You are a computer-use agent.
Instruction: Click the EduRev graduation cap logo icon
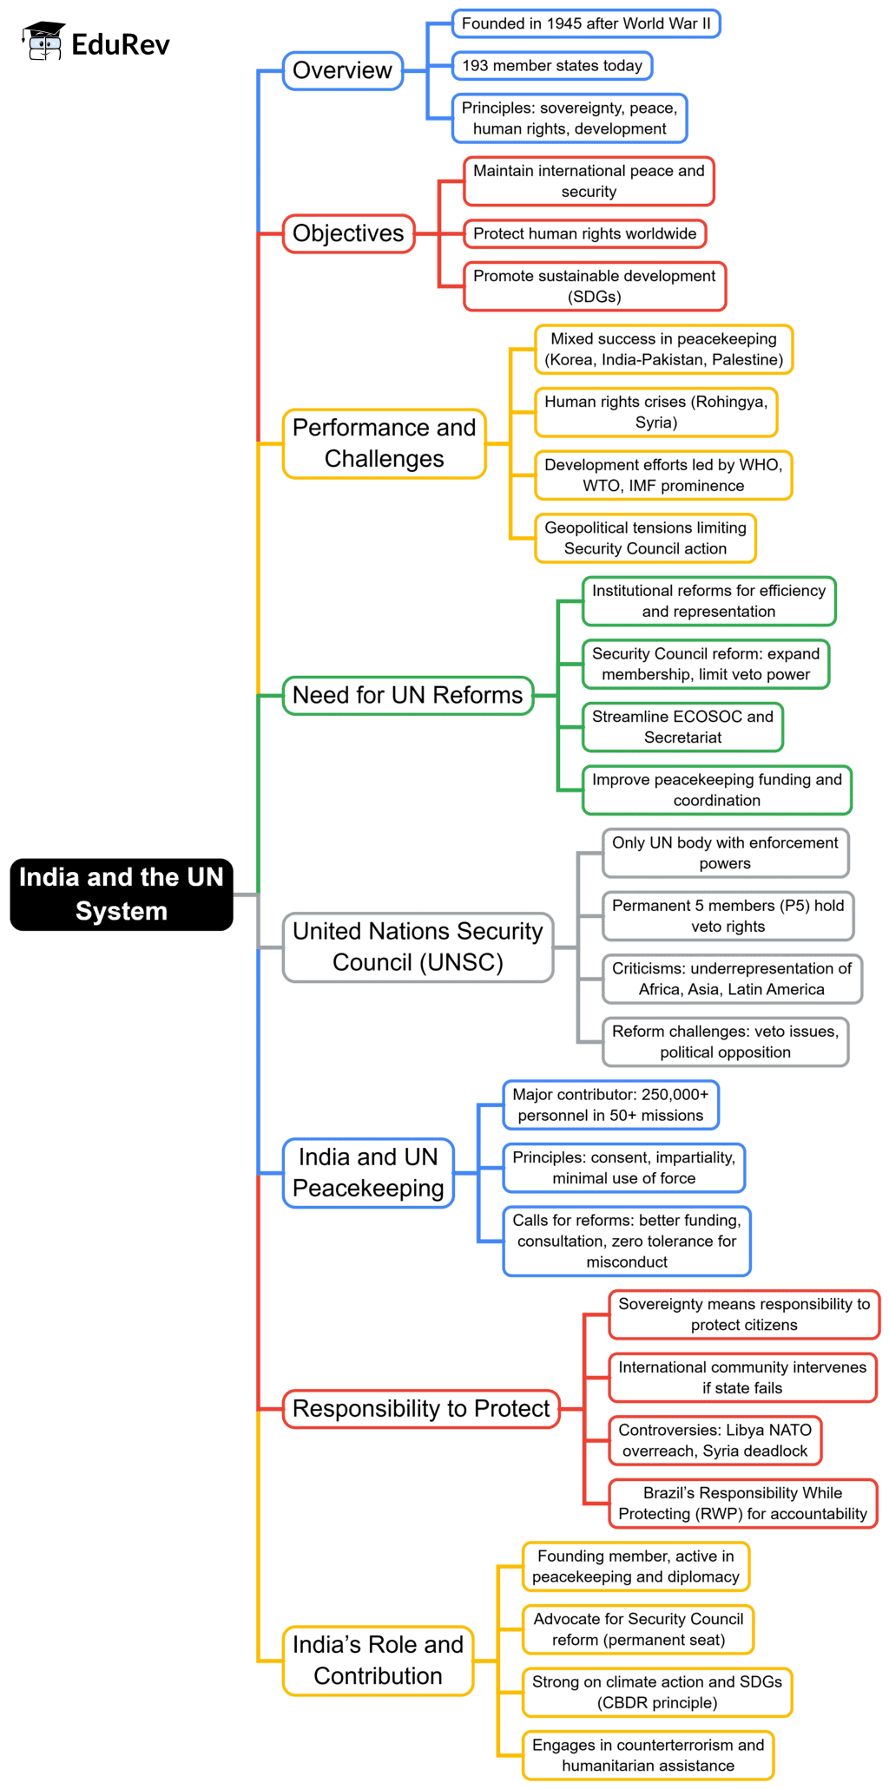point(43,42)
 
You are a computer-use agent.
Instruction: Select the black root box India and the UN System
point(122,894)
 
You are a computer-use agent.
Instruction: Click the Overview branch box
point(343,70)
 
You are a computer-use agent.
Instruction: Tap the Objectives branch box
point(348,233)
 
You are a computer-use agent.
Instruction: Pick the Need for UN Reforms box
point(407,695)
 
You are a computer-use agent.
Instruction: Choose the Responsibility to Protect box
point(421,1408)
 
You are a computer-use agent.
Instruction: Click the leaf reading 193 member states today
point(552,65)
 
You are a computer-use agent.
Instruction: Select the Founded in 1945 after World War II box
point(586,23)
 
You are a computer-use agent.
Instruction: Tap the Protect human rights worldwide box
point(584,233)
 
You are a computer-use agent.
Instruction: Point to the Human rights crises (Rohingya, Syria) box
point(655,412)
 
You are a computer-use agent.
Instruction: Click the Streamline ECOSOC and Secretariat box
point(682,727)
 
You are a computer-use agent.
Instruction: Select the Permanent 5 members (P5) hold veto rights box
point(728,916)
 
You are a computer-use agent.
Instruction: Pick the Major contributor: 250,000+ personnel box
point(610,1104)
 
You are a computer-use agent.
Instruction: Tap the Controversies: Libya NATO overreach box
point(714,1440)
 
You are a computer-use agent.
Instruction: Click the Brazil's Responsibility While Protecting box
point(742,1504)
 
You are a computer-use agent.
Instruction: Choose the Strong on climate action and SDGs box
point(656,1692)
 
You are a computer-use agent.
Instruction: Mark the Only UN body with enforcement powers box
point(725,853)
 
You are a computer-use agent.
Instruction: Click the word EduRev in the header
point(121,44)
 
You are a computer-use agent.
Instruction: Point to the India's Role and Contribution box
point(378,1660)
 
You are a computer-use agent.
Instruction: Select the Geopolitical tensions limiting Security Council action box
point(645,538)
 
